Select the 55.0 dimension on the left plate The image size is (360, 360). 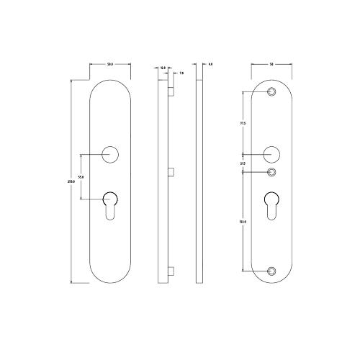coord(81,176)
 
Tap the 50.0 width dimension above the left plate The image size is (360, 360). coord(110,66)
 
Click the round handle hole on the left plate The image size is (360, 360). coord(110,153)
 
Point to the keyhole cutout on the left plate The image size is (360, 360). coord(110,204)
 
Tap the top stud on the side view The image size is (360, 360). coord(171,92)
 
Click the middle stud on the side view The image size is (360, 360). coord(171,171)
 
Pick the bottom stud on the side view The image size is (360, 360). coord(171,271)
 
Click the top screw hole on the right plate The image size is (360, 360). coord(271,91)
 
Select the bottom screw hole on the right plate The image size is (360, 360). coord(271,271)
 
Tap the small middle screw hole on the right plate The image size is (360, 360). coord(271,172)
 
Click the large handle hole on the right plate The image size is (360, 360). coord(271,153)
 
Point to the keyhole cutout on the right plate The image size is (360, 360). coord(271,204)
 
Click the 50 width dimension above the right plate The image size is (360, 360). coord(271,66)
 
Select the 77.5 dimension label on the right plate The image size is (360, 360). coord(243,123)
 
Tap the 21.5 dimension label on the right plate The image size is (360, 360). coord(243,163)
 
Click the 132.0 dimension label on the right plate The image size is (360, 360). coord(243,222)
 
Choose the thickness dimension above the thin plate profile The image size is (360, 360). coord(210,66)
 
